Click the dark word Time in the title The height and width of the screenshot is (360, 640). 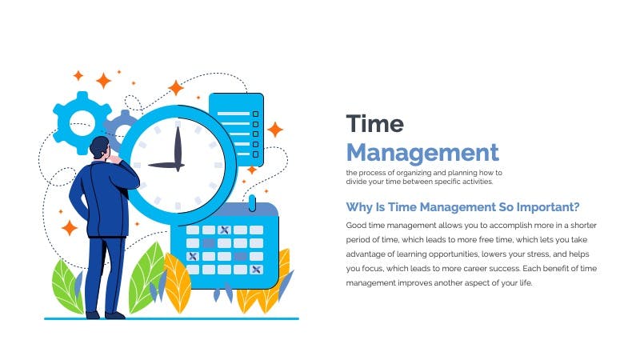374,124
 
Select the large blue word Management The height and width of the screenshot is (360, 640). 422,154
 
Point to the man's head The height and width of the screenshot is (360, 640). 99,147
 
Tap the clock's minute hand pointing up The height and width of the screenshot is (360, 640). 178,148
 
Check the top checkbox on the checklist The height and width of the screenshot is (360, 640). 255,114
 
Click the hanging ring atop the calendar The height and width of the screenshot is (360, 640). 252,203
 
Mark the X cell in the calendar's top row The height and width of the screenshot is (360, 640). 224,230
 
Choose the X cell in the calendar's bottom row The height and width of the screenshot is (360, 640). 256,270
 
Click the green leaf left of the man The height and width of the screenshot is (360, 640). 66,286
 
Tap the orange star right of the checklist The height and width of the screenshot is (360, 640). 275,130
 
